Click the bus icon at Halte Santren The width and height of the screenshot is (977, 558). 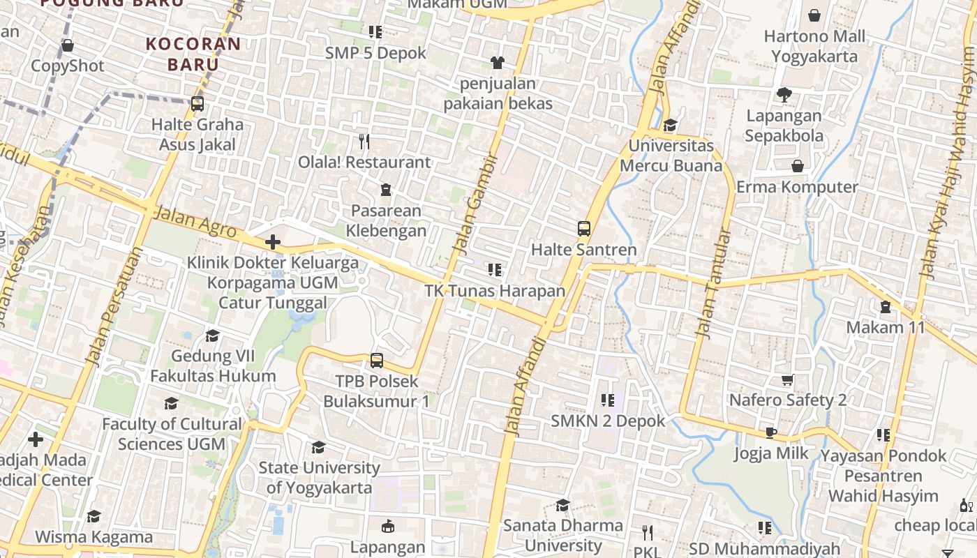pos(583,228)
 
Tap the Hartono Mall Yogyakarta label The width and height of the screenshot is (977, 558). pos(814,46)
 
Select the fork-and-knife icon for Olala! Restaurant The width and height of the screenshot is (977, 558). pos(364,142)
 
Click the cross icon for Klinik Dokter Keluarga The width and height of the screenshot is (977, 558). pos(273,242)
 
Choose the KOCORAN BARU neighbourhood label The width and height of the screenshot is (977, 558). pos(193,54)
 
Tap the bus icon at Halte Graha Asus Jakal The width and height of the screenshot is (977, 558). pos(197,104)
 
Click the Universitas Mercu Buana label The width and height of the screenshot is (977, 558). pos(671,156)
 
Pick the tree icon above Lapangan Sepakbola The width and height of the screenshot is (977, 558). pos(784,94)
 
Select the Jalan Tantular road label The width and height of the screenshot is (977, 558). pos(713,285)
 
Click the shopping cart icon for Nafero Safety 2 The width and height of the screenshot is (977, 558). pos(788,380)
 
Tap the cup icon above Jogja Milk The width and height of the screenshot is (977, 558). pos(771,433)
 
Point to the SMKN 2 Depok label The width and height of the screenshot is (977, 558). pos(608,421)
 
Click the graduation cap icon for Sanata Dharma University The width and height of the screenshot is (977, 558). pos(562,505)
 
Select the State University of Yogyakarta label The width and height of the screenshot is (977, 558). pos(319,477)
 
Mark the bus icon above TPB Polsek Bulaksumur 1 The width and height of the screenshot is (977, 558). pos(377,361)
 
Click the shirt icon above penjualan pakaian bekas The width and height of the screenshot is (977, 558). pos(497,63)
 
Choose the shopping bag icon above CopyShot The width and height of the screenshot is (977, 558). pos(68,46)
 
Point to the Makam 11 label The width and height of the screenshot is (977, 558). pos(885,327)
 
